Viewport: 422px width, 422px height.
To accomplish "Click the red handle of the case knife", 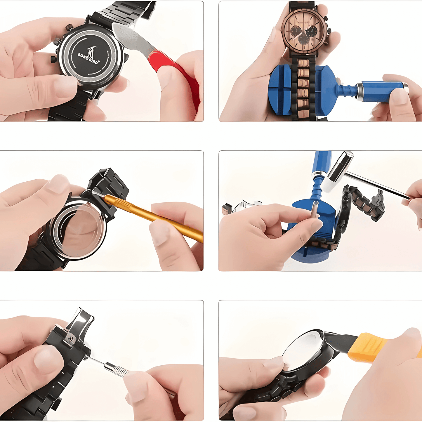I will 175,73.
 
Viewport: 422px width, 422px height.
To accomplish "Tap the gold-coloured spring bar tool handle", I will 155,216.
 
